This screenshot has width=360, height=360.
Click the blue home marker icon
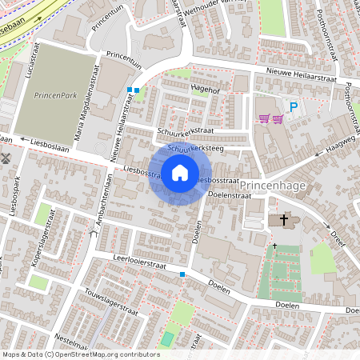[x=180, y=173]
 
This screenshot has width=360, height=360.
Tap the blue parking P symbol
[x=294, y=106]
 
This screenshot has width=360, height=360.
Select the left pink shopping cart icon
[x=263, y=119]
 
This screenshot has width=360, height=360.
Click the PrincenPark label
[x=54, y=95]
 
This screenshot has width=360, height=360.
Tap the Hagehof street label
[x=206, y=90]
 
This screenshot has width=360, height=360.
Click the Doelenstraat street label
[x=224, y=194]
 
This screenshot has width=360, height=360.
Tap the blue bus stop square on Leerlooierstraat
[x=182, y=274]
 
